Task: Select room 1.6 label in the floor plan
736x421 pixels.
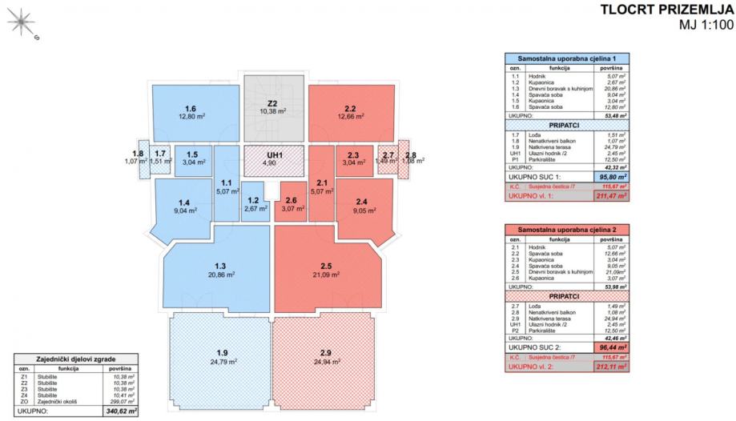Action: click(190, 110)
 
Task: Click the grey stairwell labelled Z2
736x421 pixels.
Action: click(272, 103)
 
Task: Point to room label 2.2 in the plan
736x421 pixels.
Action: click(350, 110)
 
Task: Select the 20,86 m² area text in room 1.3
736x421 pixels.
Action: click(219, 274)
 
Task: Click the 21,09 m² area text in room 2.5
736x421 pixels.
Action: click(325, 274)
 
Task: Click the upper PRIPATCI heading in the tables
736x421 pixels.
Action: click(565, 126)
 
